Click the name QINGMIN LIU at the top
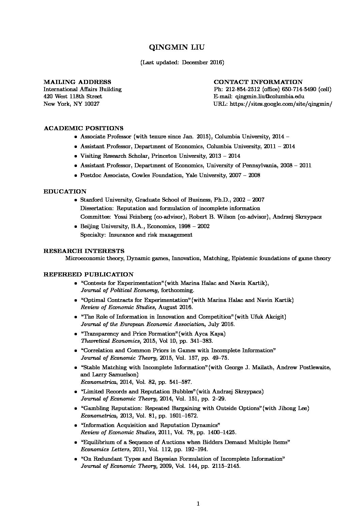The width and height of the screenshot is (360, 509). pos(177,47)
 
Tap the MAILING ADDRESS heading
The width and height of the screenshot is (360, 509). pos(77,82)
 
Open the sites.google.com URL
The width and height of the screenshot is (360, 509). pos(281,104)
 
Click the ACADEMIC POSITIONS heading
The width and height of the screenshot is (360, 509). pos(83,128)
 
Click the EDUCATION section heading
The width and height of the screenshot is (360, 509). pos(65,191)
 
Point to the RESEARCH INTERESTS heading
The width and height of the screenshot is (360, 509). pos(84,251)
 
